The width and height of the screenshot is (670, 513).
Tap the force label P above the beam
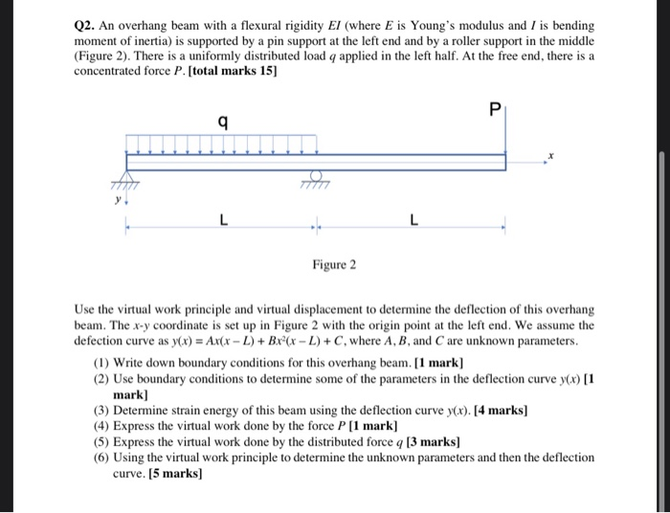[494, 109]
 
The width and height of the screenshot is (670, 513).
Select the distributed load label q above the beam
[222, 122]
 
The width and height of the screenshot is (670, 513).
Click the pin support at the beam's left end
[124, 181]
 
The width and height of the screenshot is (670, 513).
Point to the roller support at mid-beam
[315, 180]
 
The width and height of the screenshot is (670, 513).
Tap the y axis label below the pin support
[119, 202]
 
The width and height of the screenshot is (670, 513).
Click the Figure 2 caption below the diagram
[333, 264]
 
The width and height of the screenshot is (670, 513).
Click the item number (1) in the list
[101, 363]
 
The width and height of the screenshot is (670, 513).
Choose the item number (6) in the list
[101, 457]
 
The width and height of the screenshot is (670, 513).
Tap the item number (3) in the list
[101, 410]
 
